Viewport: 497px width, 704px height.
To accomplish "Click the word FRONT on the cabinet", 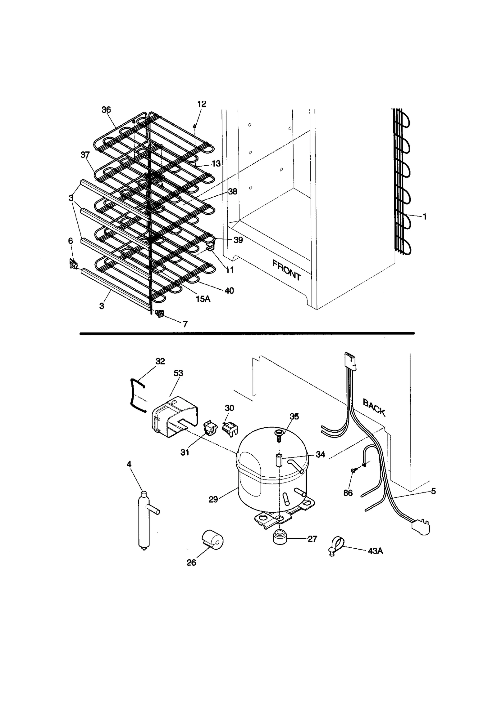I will tap(286, 270).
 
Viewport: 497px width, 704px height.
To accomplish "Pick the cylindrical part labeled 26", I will tap(213, 539).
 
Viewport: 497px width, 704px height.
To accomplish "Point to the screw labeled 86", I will tap(353, 479).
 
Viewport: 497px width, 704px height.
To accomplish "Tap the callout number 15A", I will tap(203, 299).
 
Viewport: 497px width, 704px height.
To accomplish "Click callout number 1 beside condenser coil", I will tap(425, 217).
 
